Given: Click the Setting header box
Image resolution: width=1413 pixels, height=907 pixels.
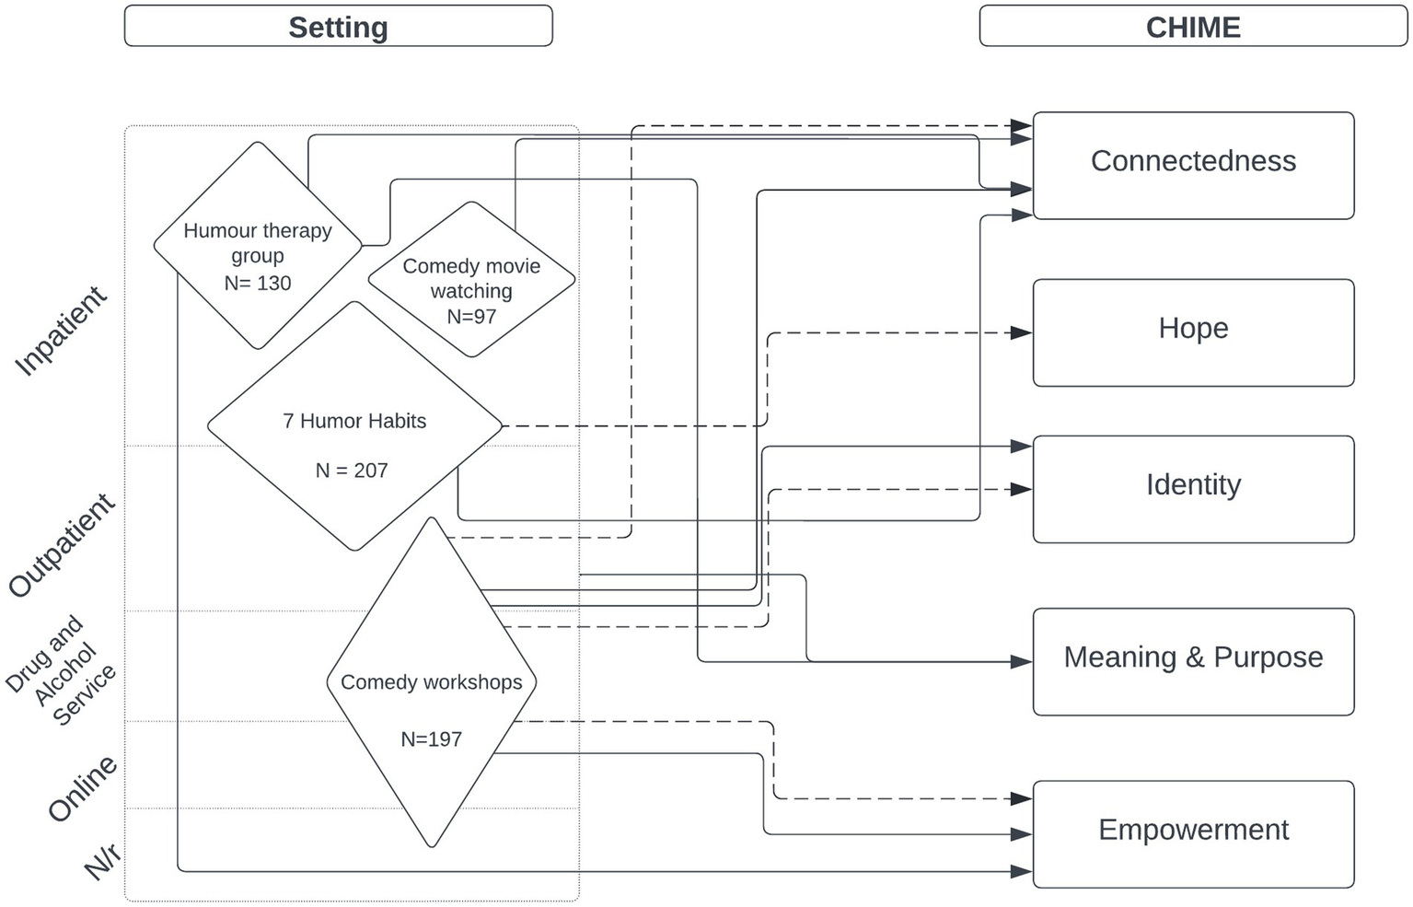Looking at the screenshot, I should click(x=338, y=27).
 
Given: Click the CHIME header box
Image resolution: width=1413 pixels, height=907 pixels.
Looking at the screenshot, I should click(x=1192, y=27).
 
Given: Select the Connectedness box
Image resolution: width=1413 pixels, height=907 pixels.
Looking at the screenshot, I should click(x=1193, y=165).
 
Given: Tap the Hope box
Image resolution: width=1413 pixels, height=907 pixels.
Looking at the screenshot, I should click(x=1193, y=331).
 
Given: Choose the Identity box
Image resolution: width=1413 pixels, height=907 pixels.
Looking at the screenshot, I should click(x=1193, y=488).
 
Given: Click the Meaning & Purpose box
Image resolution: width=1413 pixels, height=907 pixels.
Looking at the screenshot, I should click(x=1193, y=660).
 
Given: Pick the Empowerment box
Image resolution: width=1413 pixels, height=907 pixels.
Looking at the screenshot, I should click(x=1193, y=833).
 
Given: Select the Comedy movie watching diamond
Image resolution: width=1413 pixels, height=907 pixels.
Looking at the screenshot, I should click(x=471, y=280).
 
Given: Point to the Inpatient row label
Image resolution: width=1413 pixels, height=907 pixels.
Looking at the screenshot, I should click(x=61, y=331).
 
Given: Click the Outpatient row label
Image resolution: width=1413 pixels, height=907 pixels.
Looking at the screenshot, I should click(x=61, y=545).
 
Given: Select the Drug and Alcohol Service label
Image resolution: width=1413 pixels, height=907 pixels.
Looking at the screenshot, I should click(x=61, y=669).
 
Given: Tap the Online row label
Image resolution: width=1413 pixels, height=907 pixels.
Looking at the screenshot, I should click(x=82, y=787).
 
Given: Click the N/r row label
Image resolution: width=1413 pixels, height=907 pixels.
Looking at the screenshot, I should click(x=102, y=862).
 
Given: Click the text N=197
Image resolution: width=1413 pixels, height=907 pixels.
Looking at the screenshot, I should click(x=431, y=738).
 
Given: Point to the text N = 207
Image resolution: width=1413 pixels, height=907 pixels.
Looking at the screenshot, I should click(x=352, y=471).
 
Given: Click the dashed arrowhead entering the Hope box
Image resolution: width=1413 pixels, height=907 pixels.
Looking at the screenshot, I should click(x=1021, y=332).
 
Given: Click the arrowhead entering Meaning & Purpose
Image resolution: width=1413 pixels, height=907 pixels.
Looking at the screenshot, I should click(x=1021, y=661).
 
